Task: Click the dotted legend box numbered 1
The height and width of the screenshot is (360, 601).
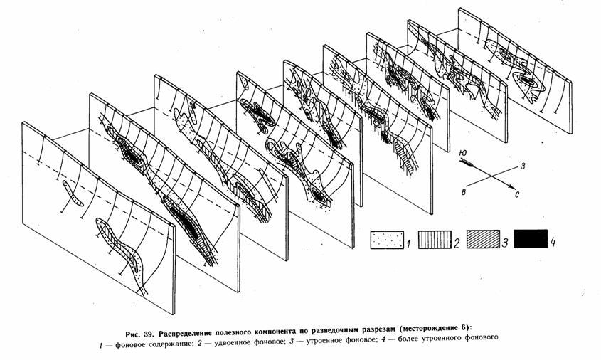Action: (387, 240)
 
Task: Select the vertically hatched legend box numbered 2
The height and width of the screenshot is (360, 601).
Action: (435, 240)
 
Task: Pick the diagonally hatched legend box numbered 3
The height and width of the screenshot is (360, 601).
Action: (484, 240)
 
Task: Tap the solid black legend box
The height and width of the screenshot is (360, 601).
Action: (531, 239)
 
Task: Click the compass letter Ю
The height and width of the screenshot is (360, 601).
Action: (463, 153)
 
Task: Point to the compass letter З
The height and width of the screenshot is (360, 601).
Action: (522, 166)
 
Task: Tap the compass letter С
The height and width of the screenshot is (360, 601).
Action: (517, 195)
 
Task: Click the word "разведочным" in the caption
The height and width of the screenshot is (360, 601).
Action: (336, 329)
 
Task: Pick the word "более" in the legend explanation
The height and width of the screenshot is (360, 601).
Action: (410, 338)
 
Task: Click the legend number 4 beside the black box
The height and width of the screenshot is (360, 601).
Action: (553, 243)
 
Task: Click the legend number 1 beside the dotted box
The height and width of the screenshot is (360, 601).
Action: (408, 243)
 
